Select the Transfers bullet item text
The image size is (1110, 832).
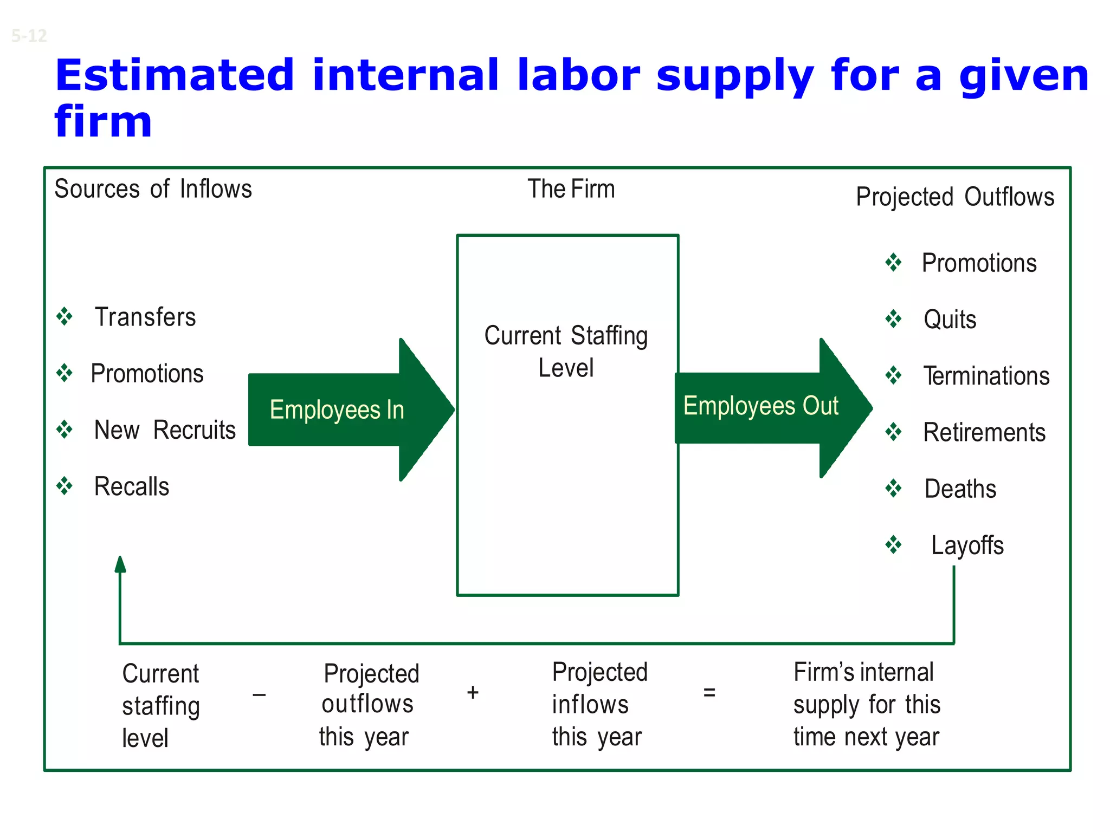(x=145, y=317)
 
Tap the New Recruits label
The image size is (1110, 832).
(x=165, y=430)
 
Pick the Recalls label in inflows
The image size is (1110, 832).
(x=132, y=486)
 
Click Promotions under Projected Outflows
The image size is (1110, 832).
(x=979, y=263)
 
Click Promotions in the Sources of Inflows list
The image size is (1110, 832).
(x=147, y=374)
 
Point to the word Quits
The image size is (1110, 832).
(x=950, y=320)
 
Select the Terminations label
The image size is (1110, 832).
(x=986, y=376)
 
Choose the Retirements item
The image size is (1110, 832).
(x=984, y=432)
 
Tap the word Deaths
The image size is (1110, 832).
(x=960, y=489)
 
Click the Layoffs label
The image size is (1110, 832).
(x=967, y=545)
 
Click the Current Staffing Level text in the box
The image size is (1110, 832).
(x=566, y=351)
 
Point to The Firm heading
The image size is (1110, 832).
(x=571, y=189)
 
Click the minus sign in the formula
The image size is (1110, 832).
(x=259, y=694)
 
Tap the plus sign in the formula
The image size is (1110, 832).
(x=473, y=692)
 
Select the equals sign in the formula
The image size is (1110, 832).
(x=709, y=692)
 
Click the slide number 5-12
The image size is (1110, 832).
(x=29, y=36)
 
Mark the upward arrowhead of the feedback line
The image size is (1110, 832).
(x=120, y=564)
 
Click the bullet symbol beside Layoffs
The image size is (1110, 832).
(x=893, y=544)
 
